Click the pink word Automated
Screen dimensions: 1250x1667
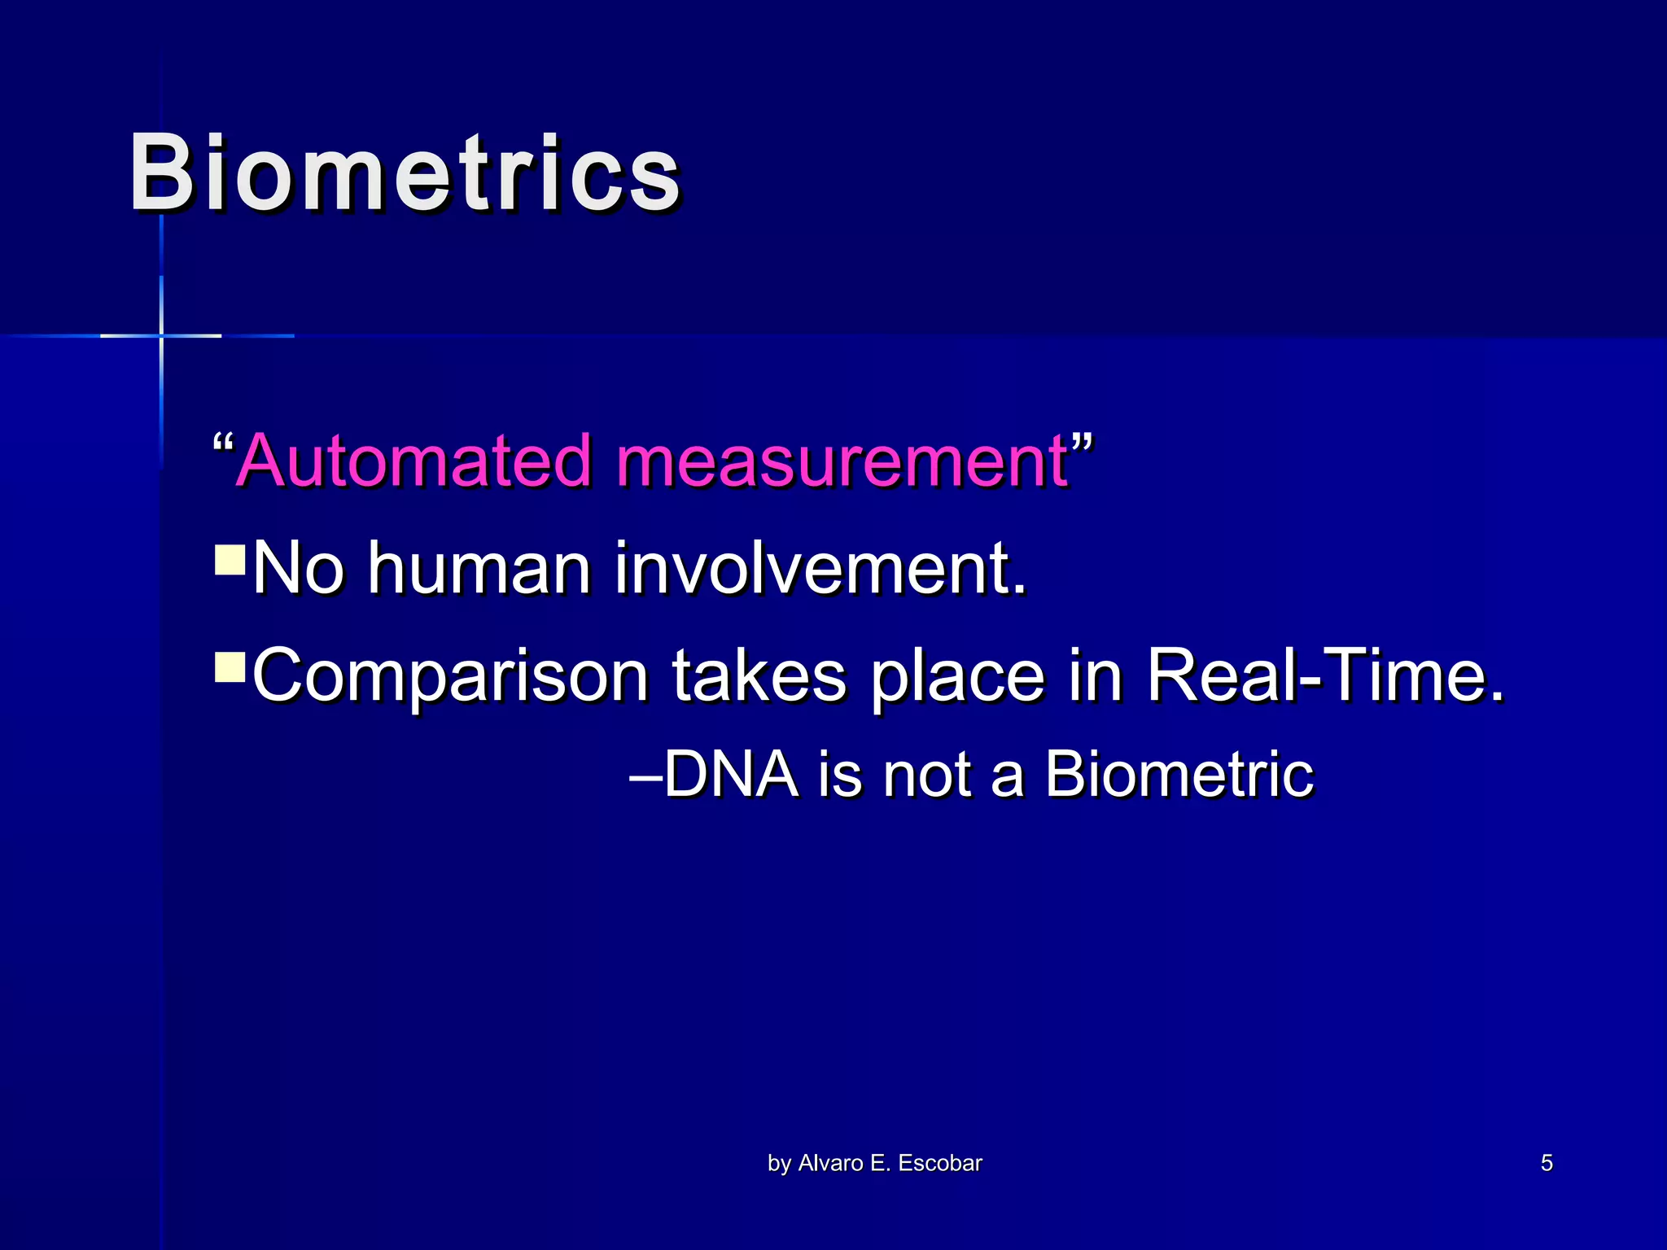[415, 461]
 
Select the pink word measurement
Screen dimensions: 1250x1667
[842, 461]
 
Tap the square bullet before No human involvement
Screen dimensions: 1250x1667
[230, 560]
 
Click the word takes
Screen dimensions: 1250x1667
[759, 675]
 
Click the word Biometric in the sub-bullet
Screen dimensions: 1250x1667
[1179, 774]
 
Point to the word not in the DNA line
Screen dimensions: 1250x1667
[928, 774]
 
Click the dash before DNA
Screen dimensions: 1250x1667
[646, 776]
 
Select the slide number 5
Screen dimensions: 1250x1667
[1547, 1163]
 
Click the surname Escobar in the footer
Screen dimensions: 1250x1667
[940, 1163]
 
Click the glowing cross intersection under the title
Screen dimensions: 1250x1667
[161, 335]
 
